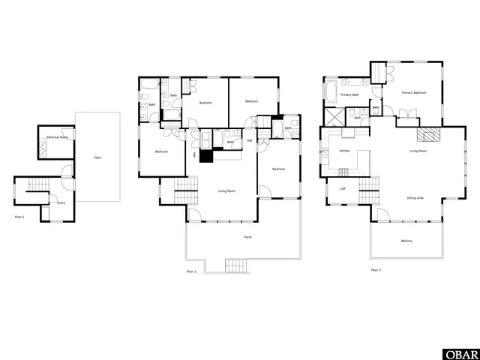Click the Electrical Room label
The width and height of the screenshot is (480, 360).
[58, 138]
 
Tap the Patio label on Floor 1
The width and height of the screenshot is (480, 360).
[97, 157]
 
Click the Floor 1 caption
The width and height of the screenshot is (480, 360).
[19, 217]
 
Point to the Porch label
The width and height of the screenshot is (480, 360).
[247, 237]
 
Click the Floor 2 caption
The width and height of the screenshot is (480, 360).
[191, 271]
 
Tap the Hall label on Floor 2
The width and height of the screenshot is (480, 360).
[250, 140]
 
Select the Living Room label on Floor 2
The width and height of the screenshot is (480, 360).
[227, 191]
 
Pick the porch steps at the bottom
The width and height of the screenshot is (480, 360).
[235, 265]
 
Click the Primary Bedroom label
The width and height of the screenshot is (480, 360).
[414, 92]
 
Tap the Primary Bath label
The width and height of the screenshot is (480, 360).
[349, 95]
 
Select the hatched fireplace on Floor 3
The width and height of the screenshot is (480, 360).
[427, 134]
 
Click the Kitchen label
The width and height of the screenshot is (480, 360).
[344, 151]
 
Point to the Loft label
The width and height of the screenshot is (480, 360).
[343, 188]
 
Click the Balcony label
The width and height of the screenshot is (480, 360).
[406, 241]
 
